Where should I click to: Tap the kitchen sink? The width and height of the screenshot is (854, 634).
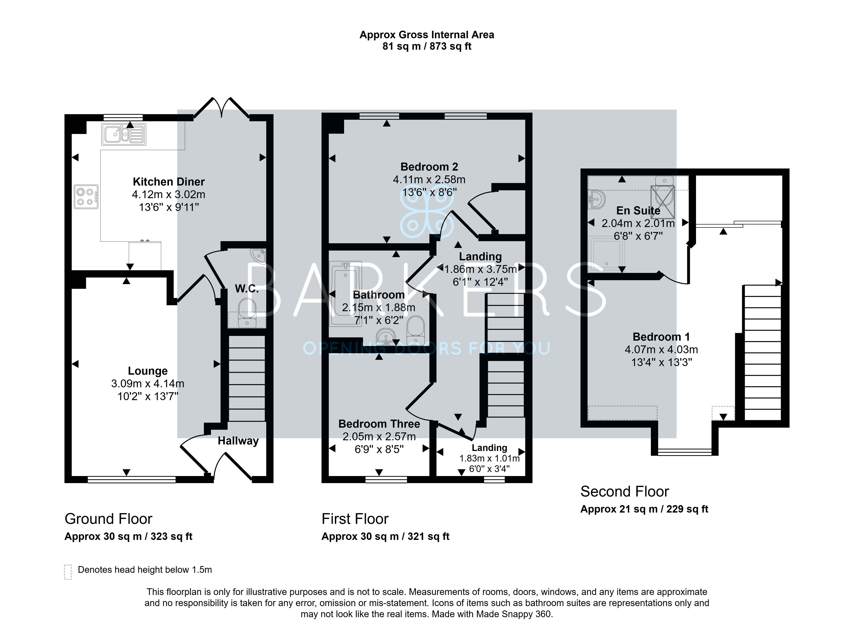(x=124, y=134)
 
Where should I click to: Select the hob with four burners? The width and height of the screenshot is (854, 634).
(x=86, y=197)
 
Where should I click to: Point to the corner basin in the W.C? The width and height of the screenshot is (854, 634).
(x=259, y=255)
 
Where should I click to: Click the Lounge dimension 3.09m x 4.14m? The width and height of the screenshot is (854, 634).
(x=148, y=383)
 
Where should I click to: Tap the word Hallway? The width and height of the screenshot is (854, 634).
(x=238, y=441)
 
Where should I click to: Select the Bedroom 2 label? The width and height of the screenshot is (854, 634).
(x=429, y=167)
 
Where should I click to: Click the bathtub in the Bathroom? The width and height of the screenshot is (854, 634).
(x=345, y=294)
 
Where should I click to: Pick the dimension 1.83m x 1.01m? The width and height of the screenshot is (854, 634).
(x=489, y=458)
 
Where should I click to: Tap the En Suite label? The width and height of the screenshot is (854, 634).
(x=638, y=211)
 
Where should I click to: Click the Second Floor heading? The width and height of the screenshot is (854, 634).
(x=624, y=492)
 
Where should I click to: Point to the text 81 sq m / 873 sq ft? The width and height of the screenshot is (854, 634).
(x=427, y=46)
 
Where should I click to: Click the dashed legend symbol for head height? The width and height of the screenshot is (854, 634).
(x=68, y=572)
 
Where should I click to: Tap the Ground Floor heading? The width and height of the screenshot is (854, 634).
(x=108, y=519)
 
